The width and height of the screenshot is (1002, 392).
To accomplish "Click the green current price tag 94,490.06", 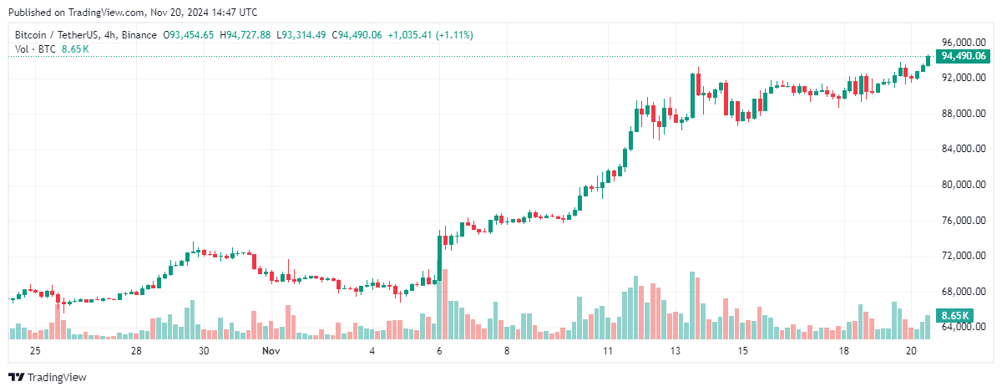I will pos(963,56).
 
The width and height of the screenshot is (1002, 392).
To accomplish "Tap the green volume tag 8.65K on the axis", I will pos(954,315).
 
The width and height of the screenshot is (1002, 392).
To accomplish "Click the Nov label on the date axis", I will pos(271,352).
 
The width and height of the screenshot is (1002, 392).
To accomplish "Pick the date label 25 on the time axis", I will pos(35,352).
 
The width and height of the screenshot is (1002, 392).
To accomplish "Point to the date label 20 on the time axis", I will pos(911,352).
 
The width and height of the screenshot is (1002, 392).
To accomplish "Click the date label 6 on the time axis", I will pos(439,352).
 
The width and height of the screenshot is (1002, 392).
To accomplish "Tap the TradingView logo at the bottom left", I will pos(48,378).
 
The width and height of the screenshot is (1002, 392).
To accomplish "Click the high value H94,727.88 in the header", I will pos(245,35).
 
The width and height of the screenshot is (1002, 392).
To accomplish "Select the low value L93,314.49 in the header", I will pos(303,35).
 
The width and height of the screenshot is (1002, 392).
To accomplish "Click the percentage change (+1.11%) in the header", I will pos(451,35).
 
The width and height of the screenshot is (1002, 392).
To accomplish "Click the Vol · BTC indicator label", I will pos(36,49).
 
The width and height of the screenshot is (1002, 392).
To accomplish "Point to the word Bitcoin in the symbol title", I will pos(32,35).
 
